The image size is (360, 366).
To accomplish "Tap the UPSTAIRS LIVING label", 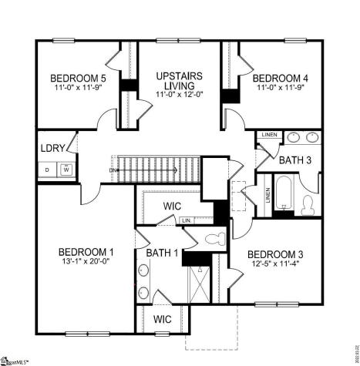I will [x=179, y=79].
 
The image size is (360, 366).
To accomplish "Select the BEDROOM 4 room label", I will [x=281, y=78].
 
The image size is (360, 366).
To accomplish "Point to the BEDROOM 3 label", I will [x=275, y=255].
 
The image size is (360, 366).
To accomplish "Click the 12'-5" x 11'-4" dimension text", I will [x=275, y=265].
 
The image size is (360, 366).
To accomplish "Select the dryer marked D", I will [x=47, y=169].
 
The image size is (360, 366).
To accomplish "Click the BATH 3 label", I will [x=295, y=160].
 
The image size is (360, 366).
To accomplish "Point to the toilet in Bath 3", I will [x=308, y=203].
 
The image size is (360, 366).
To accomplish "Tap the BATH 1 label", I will [x=162, y=252].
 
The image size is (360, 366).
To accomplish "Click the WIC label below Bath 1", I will [x=162, y=319].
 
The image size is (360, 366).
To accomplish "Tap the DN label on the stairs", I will [x=113, y=169].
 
